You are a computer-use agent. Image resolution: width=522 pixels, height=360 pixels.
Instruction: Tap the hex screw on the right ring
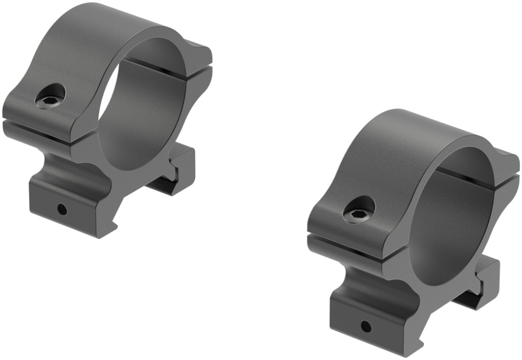tap(359, 210)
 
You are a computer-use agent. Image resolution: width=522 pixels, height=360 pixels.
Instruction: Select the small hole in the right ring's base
tap(366, 325)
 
